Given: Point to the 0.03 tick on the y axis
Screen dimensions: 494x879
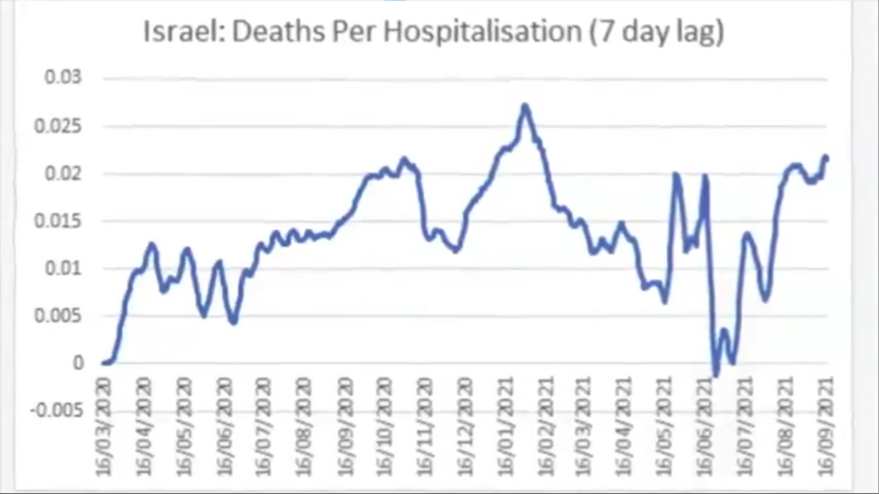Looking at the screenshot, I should [x=63, y=78].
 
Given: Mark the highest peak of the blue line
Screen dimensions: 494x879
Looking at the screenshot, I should [x=525, y=106].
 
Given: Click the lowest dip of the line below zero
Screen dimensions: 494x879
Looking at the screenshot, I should [x=716, y=375].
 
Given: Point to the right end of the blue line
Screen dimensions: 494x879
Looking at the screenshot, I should [x=826, y=158].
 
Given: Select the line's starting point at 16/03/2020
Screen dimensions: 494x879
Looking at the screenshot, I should [x=104, y=363].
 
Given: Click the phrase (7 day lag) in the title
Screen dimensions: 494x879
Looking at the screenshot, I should [x=657, y=32].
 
